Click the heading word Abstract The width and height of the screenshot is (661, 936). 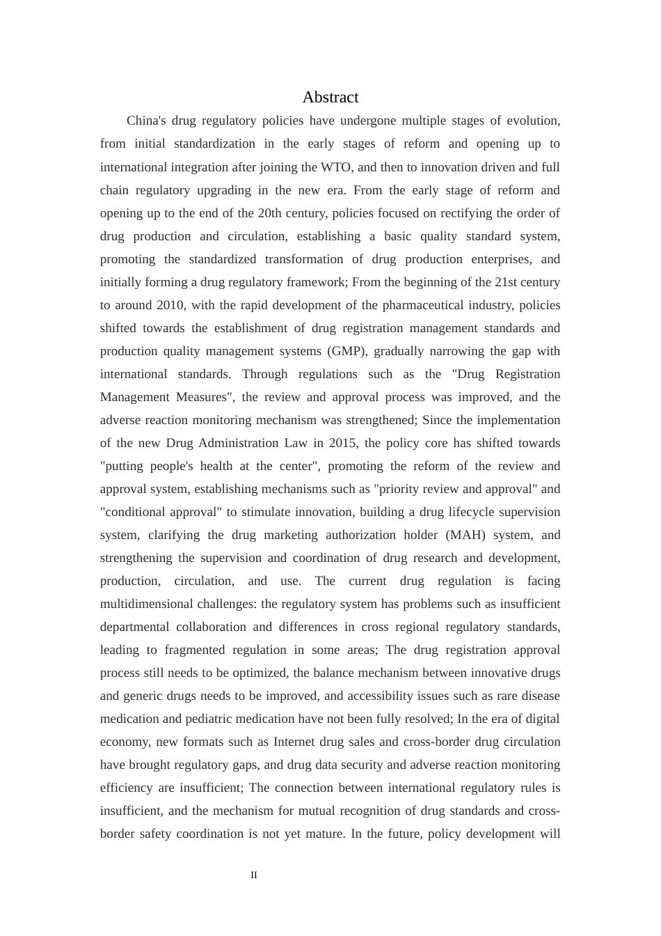(330, 97)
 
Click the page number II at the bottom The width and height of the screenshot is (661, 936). (254, 875)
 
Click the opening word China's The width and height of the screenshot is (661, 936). (146, 121)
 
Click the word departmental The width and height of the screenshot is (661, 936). (138, 627)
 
